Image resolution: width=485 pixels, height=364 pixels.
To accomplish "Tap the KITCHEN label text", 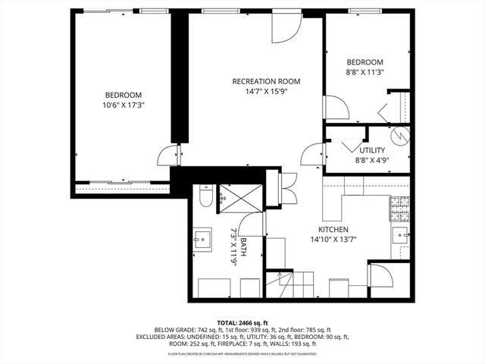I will pos(333,229).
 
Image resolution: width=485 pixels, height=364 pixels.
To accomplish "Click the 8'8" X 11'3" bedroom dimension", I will pos(365,72).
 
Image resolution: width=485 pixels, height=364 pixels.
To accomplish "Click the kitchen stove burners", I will pos(400,206).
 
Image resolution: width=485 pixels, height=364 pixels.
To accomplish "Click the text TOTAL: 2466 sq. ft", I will pos(242,322).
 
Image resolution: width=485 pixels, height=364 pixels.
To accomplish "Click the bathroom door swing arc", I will pos(255,224).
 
